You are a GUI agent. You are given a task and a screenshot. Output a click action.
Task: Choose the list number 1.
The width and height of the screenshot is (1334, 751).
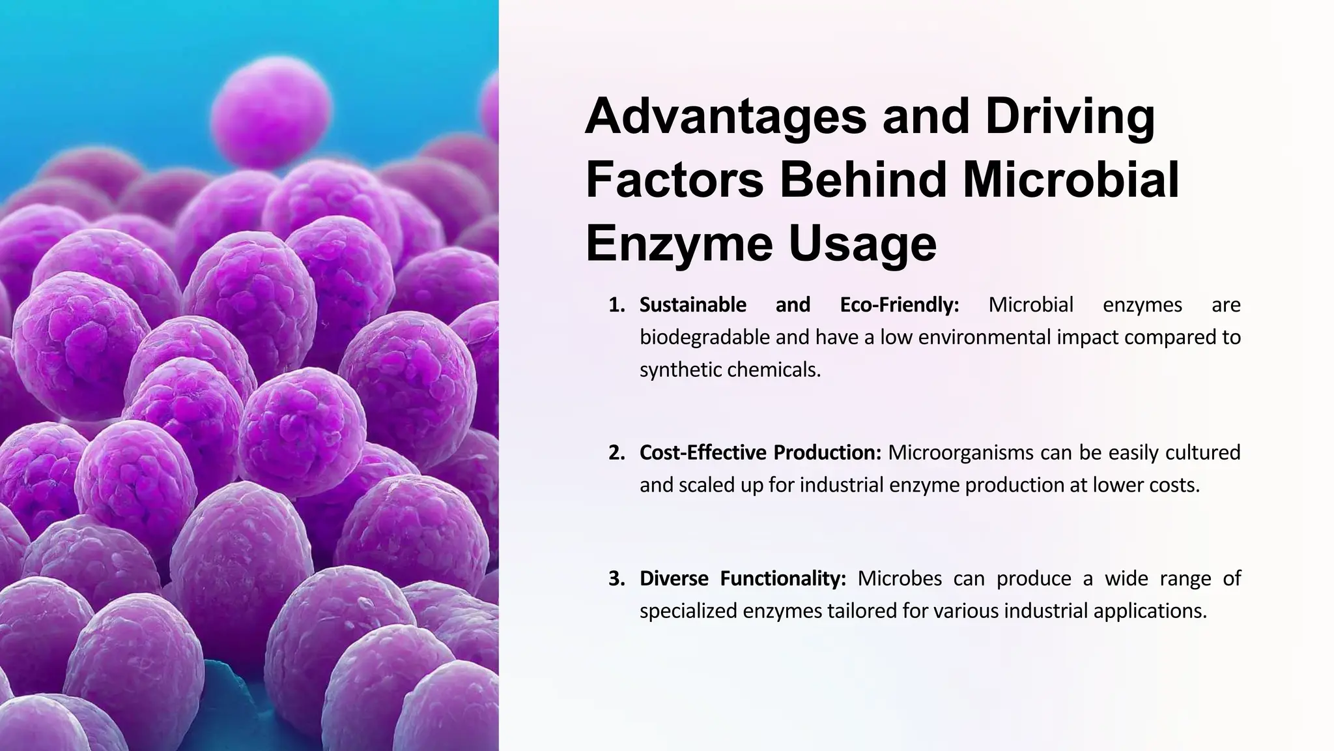click(616, 305)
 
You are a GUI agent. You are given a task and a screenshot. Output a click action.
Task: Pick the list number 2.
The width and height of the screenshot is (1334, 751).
click(616, 452)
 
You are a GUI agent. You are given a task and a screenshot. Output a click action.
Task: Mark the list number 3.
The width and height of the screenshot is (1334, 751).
click(616, 579)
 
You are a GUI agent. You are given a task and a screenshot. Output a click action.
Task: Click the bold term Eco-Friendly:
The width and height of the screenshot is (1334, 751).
click(899, 305)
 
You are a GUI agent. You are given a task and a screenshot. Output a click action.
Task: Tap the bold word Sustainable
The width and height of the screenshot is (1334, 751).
click(692, 305)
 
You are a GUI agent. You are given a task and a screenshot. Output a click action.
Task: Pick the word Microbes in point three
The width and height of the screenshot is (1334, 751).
click(900, 579)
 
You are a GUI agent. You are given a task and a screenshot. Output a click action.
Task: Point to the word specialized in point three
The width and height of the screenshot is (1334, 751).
click(688, 611)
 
